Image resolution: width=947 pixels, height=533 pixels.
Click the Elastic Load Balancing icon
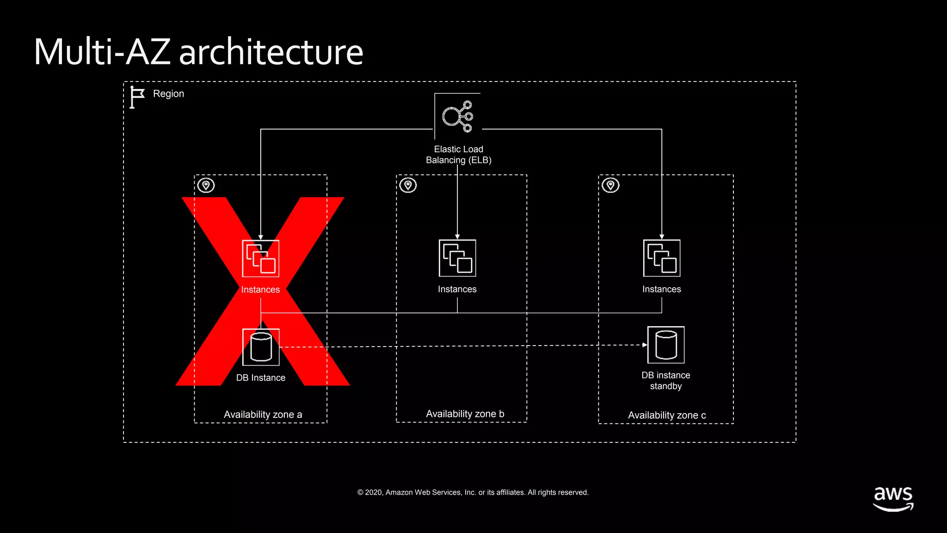pyautogui.click(x=457, y=116)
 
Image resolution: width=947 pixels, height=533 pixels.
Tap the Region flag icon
pyautogui.click(x=136, y=97)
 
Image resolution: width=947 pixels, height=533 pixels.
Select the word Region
pyautogui.click(x=168, y=94)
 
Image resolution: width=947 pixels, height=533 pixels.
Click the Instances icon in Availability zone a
pyautogui.click(x=261, y=259)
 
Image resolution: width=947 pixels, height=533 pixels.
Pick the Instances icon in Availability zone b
pyautogui.click(x=457, y=258)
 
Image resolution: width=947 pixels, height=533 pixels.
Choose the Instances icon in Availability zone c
pyautogui.click(x=662, y=258)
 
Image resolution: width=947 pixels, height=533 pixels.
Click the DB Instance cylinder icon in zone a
pyautogui.click(x=261, y=347)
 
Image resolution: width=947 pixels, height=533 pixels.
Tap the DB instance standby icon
pyautogui.click(x=666, y=345)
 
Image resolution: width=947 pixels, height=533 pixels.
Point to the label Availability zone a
pyautogui.click(x=263, y=415)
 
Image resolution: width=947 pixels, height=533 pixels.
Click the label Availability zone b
pyautogui.click(x=465, y=414)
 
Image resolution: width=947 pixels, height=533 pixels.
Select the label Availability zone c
pyautogui.click(x=667, y=415)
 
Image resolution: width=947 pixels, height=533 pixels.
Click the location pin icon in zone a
pyautogui.click(x=206, y=186)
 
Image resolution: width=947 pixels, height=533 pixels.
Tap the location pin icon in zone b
pyautogui.click(x=408, y=186)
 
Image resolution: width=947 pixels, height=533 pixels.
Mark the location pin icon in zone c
pyautogui.click(x=610, y=186)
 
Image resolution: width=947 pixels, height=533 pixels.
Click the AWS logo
pyautogui.click(x=893, y=498)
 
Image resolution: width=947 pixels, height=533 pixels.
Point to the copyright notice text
pyautogui.click(x=473, y=493)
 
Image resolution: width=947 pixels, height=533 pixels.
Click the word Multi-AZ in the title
pyautogui.click(x=102, y=52)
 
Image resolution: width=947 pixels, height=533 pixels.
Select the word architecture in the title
pyautogui.click(x=271, y=52)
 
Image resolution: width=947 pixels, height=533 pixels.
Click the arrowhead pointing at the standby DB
pyautogui.click(x=645, y=345)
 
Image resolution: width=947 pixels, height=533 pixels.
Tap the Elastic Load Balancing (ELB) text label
pyautogui.click(x=458, y=155)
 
